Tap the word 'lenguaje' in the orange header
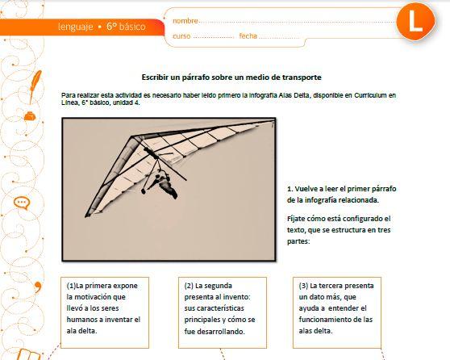(75, 27)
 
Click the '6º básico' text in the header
(126, 27)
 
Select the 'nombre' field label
(185, 20)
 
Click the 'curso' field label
(181, 36)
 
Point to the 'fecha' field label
(248, 36)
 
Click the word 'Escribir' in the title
(158, 77)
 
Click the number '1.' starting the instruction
(291, 188)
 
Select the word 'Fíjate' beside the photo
(298, 219)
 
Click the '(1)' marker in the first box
(71, 286)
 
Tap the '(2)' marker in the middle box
(189, 286)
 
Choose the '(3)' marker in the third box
(303, 286)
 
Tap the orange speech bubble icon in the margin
(22, 204)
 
